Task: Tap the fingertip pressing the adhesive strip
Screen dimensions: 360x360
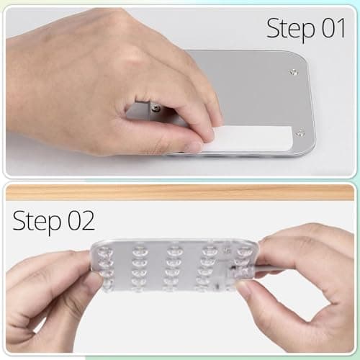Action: (209, 132)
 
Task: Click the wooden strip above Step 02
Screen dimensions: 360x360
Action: (180, 192)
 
